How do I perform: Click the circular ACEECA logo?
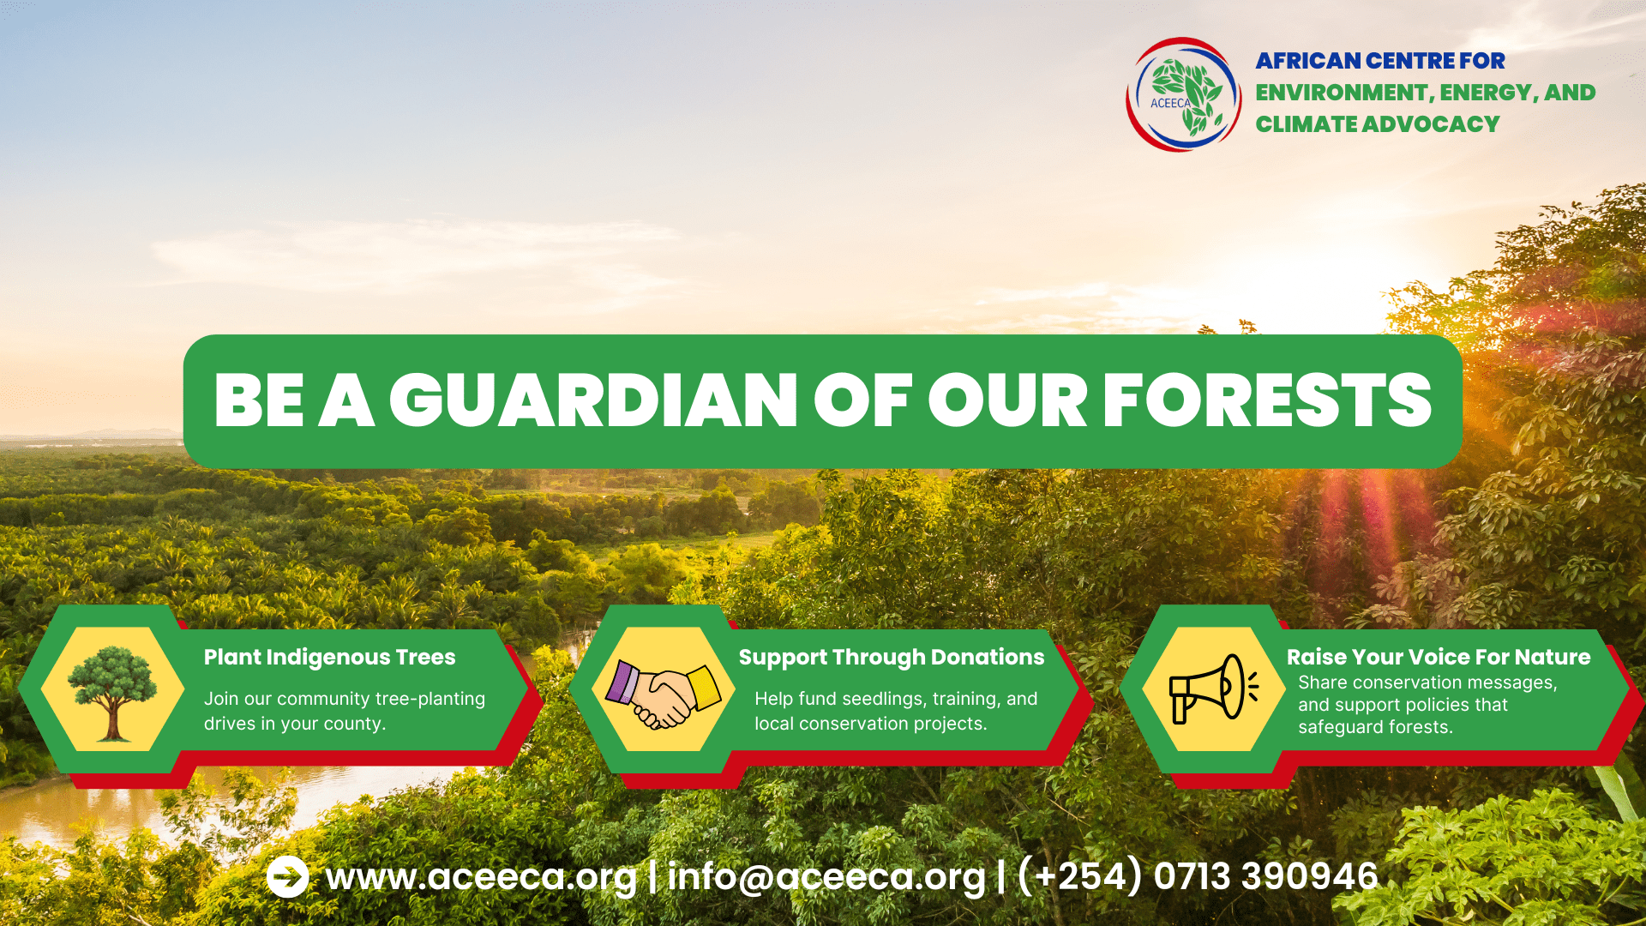coord(1183,94)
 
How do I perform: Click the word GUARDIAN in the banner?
coord(593,400)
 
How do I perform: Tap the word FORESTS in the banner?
coord(1267,400)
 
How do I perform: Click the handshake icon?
coord(664,693)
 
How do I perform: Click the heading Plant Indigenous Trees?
coord(329,658)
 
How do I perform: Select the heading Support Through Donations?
coord(892,658)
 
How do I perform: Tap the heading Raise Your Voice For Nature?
coord(1438,658)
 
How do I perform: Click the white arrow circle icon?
coord(288,876)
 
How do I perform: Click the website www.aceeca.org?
coord(481,877)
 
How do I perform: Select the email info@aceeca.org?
coord(826,877)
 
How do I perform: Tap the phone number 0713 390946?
coord(1265,876)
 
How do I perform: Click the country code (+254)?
coord(1080,876)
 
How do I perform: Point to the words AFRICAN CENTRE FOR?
coord(1380,61)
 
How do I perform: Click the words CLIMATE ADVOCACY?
coord(1378,124)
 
